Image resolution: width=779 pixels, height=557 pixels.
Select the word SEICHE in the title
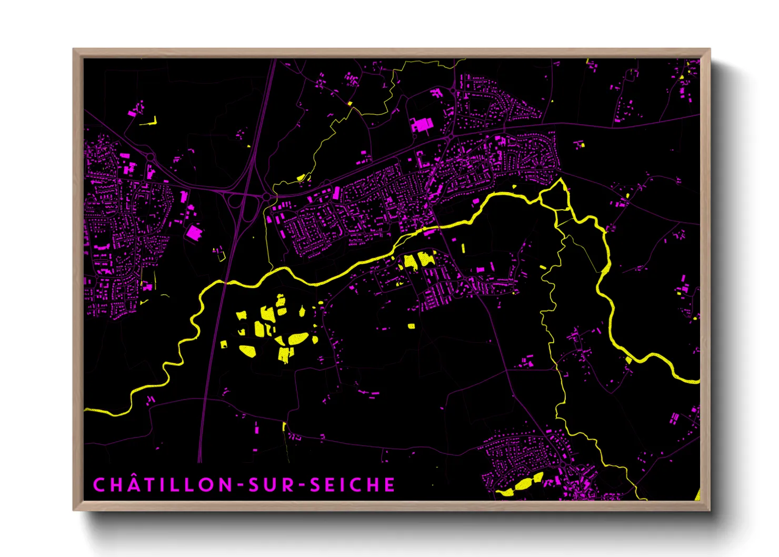(x=353, y=485)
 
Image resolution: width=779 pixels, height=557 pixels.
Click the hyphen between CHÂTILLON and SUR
(x=240, y=485)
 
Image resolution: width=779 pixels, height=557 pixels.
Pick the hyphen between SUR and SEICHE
(x=303, y=485)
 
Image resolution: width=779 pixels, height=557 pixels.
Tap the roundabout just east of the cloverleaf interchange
(x=267, y=197)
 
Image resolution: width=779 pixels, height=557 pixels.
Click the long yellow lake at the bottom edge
(x=522, y=485)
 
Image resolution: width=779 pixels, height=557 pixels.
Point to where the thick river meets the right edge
(x=698, y=380)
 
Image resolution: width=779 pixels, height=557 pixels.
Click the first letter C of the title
(x=99, y=485)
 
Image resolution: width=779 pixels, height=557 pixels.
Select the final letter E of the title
(x=389, y=485)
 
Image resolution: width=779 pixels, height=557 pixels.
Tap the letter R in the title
(x=288, y=485)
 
